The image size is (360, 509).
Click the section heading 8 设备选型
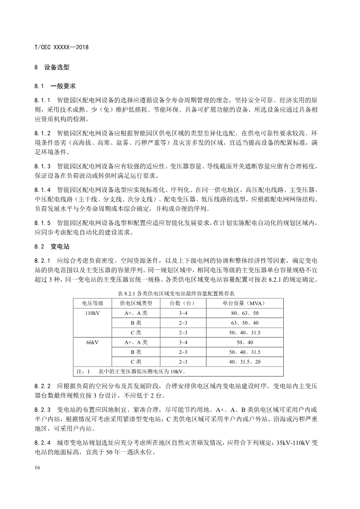[52, 67]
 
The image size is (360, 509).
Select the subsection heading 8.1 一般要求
[55, 86]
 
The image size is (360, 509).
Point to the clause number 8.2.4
[43, 443]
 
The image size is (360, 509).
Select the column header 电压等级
[93, 303]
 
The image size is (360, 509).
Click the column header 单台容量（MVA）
[244, 303]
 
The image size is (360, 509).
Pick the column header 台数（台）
[182, 303]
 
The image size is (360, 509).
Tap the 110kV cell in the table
[93, 313]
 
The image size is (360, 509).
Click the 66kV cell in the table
[93, 342]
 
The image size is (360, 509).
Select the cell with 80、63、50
[244, 313]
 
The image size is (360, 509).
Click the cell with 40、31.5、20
[244, 362]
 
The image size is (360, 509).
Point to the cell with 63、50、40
[244, 323]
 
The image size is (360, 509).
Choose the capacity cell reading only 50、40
[244, 342]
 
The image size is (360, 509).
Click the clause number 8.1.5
[43, 223]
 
